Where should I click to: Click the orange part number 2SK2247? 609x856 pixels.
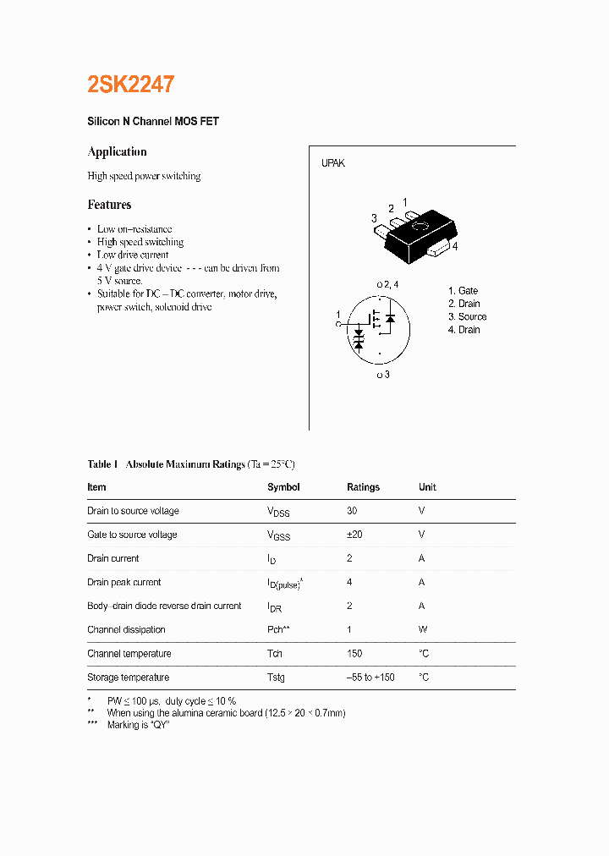pyautogui.click(x=131, y=85)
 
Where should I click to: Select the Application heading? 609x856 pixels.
pyautogui.click(x=117, y=152)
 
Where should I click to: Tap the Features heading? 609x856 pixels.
pyautogui.click(x=109, y=205)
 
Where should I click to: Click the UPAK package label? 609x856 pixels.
pyautogui.click(x=332, y=163)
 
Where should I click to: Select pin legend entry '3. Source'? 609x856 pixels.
pyautogui.click(x=467, y=317)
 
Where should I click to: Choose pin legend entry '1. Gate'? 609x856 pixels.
pyautogui.click(x=463, y=291)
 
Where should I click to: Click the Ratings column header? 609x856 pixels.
pyautogui.click(x=363, y=487)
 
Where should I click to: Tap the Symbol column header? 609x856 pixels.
pyautogui.click(x=283, y=487)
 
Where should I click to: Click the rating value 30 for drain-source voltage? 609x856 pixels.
pyautogui.click(x=352, y=511)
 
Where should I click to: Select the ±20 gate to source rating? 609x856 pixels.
pyautogui.click(x=354, y=535)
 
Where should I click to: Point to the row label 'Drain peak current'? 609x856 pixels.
pyautogui.click(x=123, y=582)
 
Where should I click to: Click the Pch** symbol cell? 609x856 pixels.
pyautogui.click(x=278, y=630)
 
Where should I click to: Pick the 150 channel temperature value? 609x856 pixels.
pyautogui.click(x=354, y=654)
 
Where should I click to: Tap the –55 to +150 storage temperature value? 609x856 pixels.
pyautogui.click(x=370, y=678)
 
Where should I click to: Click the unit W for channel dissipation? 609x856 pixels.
pyautogui.click(x=423, y=630)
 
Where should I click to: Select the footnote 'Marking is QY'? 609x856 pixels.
pyautogui.click(x=139, y=726)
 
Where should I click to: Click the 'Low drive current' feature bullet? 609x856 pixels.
pyautogui.click(x=133, y=255)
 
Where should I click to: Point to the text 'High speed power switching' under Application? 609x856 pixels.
pyautogui.click(x=144, y=177)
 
